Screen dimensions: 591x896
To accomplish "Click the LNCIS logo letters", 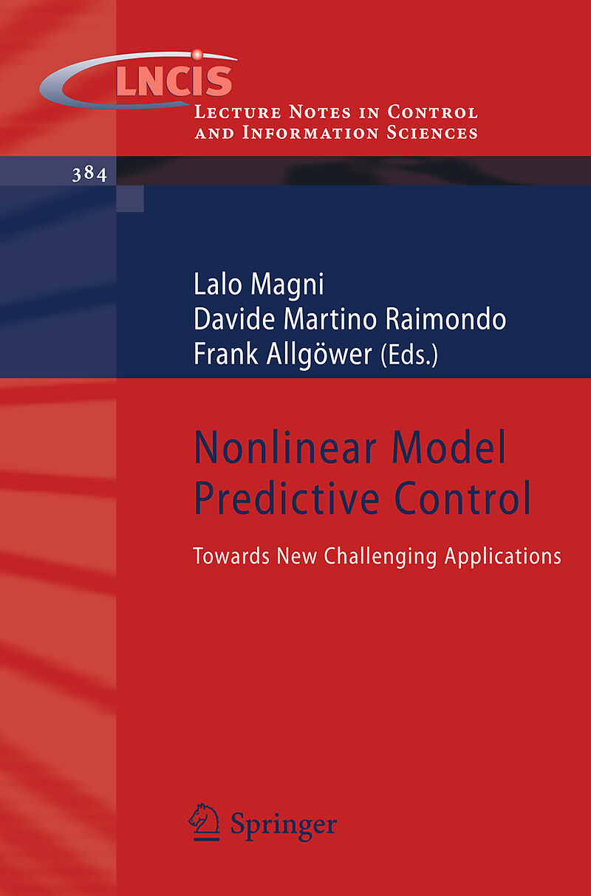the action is (174, 81).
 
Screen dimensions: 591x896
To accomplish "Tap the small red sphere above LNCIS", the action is (197, 55).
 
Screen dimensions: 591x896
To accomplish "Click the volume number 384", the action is (89, 174).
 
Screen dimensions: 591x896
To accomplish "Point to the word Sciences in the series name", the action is (432, 133).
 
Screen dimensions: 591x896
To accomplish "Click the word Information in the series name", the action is (310, 133).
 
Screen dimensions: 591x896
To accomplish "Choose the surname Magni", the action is (287, 285).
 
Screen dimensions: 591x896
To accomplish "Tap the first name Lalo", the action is (218, 284).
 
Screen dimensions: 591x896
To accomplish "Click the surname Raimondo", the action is (445, 319).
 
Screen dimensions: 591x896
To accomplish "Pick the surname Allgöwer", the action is (319, 355).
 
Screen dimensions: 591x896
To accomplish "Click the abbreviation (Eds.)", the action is (409, 355).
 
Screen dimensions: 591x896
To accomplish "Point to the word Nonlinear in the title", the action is (285, 447).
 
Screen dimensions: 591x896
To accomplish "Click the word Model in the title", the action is (448, 447).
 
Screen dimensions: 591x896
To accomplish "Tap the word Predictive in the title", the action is (287, 498).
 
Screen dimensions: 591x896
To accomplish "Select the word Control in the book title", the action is (462, 498).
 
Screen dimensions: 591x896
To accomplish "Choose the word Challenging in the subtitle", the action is (380, 557).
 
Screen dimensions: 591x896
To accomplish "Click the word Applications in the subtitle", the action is (503, 557).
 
